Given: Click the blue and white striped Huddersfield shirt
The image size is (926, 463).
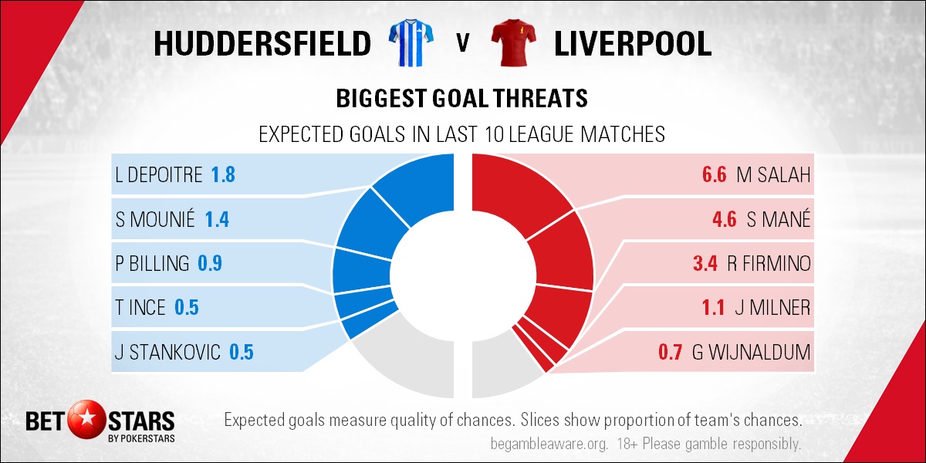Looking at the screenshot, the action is pyautogui.click(x=411, y=42).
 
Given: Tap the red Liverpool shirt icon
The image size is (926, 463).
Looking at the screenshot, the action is pyautogui.click(x=513, y=42).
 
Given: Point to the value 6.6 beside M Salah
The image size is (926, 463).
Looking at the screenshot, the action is pyautogui.click(x=714, y=175).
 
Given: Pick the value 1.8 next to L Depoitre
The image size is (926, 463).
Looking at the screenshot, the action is pyautogui.click(x=223, y=175).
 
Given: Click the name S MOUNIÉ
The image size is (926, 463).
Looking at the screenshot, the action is pyautogui.click(x=155, y=218).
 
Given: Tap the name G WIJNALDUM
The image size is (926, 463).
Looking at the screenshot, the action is pyautogui.click(x=751, y=352).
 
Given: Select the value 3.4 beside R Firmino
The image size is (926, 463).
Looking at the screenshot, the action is pyautogui.click(x=705, y=263).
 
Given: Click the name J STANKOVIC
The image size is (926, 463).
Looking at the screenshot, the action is pyautogui.click(x=167, y=352).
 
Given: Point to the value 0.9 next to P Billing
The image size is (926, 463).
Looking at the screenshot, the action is pyautogui.click(x=210, y=263).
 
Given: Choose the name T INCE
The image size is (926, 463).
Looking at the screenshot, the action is pyautogui.click(x=140, y=308).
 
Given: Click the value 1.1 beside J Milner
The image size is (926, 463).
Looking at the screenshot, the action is pyautogui.click(x=713, y=308).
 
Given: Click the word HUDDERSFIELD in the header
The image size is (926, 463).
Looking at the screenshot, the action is pyautogui.click(x=262, y=43).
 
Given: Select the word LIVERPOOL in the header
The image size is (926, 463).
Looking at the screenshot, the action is pyautogui.click(x=633, y=43).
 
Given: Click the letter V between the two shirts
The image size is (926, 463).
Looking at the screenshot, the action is pyautogui.click(x=463, y=43).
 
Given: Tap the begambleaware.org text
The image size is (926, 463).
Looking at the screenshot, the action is pyautogui.click(x=549, y=444).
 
